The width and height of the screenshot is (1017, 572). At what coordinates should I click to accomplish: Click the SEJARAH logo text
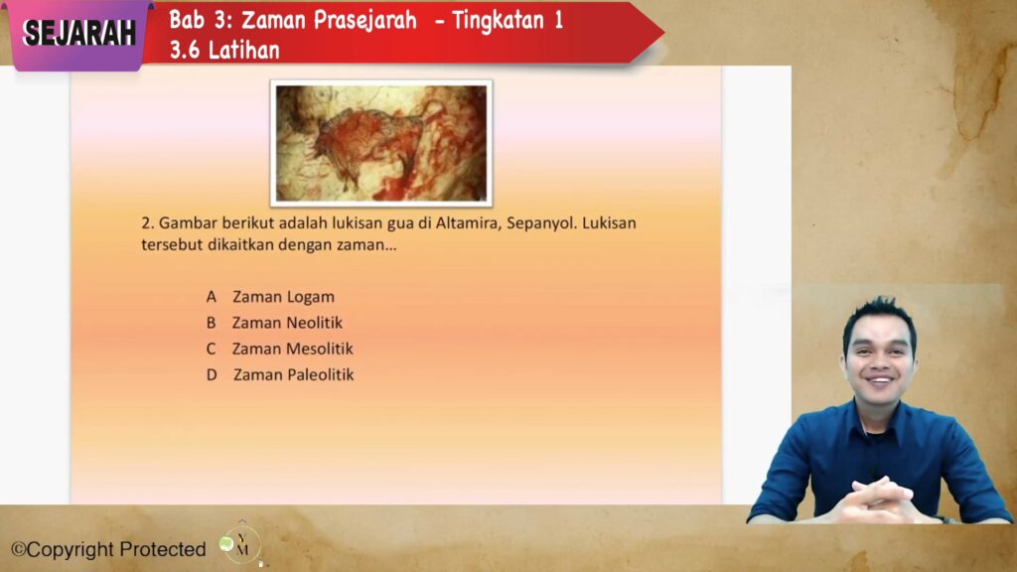click(79, 33)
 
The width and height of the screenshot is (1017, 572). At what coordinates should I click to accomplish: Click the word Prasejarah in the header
click(365, 21)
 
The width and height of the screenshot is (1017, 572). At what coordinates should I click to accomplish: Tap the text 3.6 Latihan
click(224, 50)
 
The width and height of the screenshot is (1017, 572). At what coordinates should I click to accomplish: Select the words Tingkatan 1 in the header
click(508, 21)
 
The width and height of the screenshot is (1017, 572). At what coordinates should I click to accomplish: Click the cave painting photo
click(381, 143)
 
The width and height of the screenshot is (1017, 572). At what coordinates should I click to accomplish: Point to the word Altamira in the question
click(469, 223)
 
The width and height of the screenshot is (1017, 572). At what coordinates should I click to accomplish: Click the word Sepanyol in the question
click(541, 223)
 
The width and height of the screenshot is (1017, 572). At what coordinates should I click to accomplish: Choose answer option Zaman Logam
click(283, 297)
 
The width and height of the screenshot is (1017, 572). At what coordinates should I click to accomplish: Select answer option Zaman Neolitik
click(287, 323)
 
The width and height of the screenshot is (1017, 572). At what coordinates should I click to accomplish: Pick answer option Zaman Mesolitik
click(293, 349)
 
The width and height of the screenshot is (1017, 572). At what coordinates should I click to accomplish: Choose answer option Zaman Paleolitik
click(294, 374)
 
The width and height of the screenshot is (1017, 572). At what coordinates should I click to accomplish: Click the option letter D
click(212, 374)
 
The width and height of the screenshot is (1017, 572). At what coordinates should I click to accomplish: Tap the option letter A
click(212, 297)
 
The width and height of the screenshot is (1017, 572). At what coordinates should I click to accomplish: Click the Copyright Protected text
click(109, 549)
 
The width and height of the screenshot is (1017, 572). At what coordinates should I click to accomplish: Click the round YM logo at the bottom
click(240, 544)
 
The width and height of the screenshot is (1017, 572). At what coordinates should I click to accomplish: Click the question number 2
click(148, 223)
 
